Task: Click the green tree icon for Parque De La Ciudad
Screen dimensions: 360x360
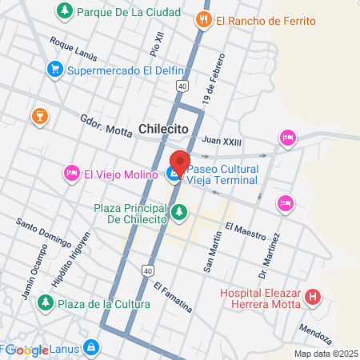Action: [64, 12]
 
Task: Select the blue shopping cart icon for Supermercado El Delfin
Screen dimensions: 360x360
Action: [54, 70]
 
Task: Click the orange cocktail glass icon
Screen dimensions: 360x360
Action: [37, 118]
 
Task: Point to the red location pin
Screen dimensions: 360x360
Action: [179, 162]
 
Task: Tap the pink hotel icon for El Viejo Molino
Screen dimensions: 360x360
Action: [71, 173]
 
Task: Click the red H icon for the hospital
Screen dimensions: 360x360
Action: [314, 298]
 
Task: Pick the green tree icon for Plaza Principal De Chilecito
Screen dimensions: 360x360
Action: [179, 212]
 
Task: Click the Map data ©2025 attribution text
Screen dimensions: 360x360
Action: [325, 353]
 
